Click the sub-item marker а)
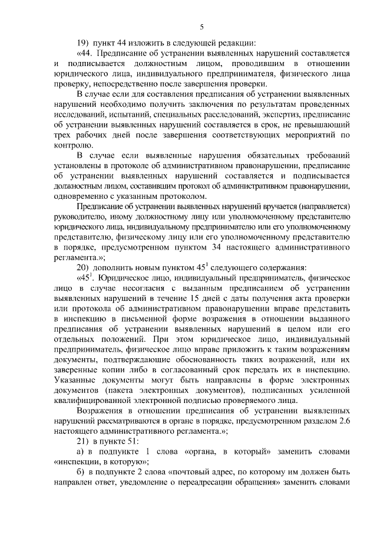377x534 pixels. point(82,453)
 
